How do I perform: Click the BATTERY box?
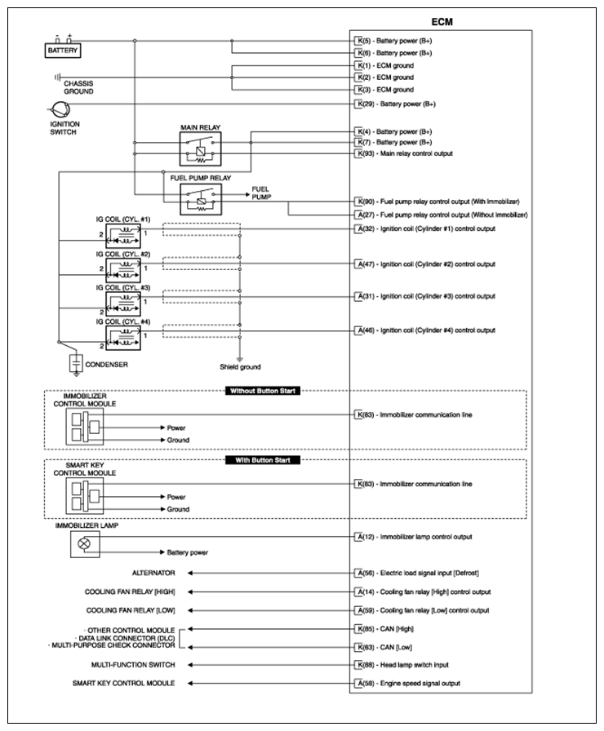[x=63, y=51]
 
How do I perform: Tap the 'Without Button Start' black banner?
[x=262, y=391]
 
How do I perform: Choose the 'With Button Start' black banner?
[x=262, y=460]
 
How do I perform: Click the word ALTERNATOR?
[x=153, y=573]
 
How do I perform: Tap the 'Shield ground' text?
[x=239, y=367]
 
